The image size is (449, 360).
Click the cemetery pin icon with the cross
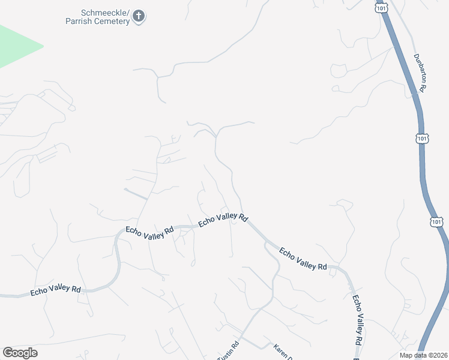(x=139, y=16)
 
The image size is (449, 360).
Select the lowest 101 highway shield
(x=436, y=222)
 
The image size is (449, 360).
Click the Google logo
(x=20, y=353)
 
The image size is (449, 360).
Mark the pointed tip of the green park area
(x=43, y=46)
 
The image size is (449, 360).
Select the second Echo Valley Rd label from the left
(x=149, y=232)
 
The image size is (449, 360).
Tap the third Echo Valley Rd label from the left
(x=223, y=219)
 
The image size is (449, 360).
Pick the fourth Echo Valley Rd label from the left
(x=303, y=259)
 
